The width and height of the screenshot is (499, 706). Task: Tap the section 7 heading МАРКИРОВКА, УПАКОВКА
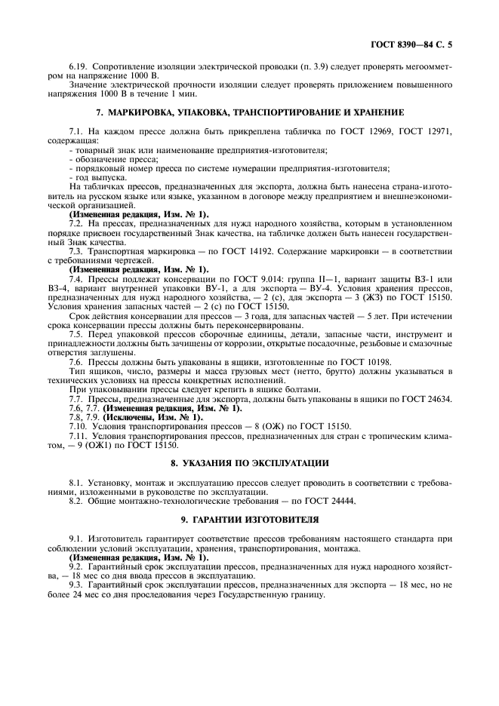249,112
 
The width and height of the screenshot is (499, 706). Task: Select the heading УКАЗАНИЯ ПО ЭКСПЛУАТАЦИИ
249,462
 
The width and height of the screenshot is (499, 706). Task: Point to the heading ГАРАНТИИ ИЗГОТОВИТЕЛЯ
249,520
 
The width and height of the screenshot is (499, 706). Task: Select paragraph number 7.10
79,425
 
